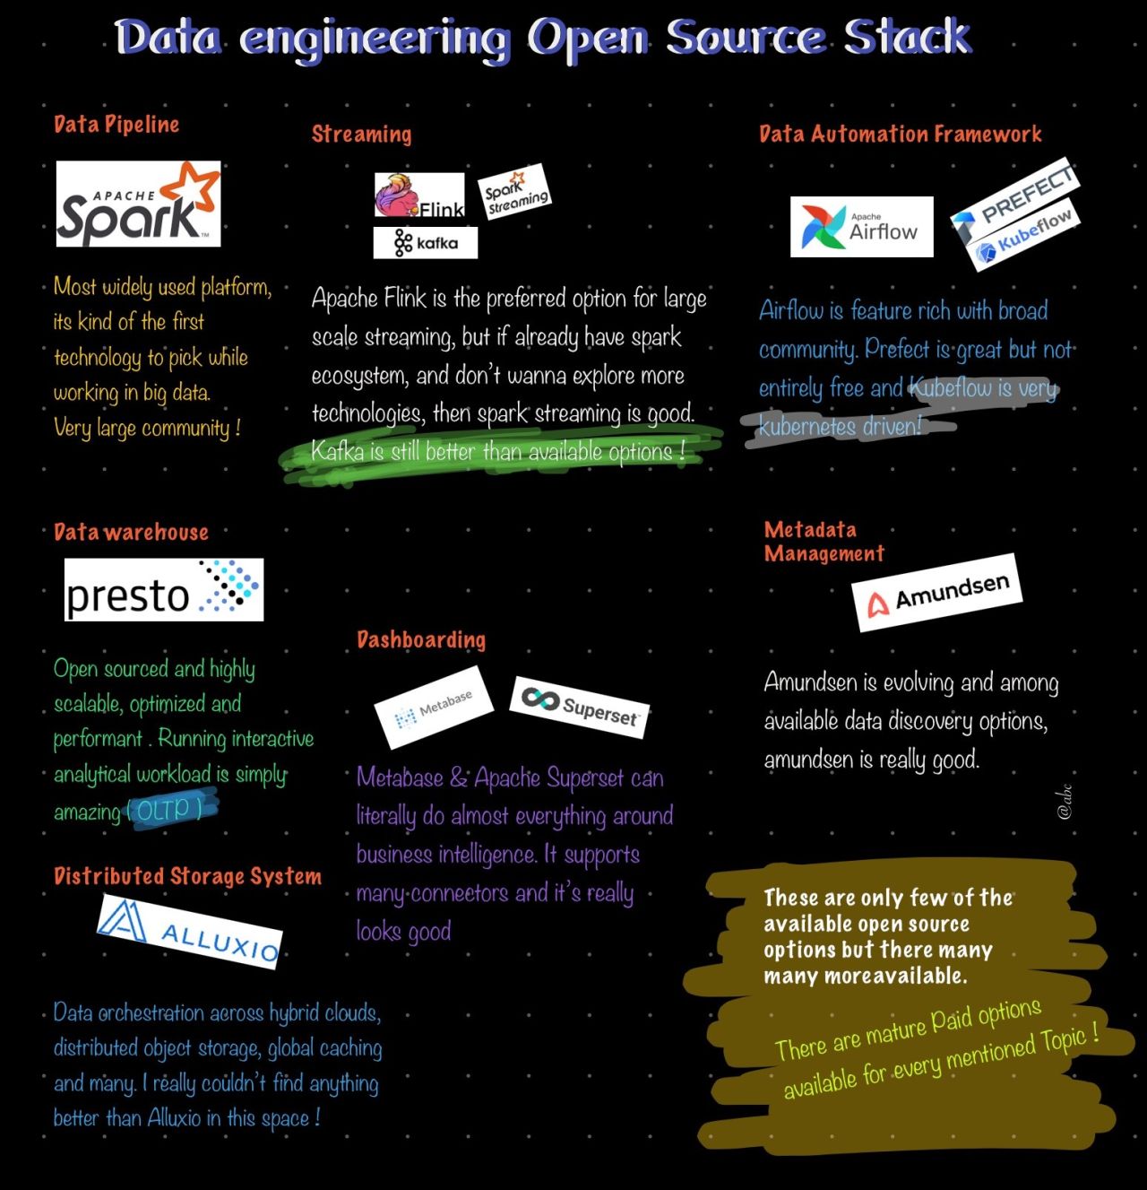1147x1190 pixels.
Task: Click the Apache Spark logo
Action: (x=138, y=204)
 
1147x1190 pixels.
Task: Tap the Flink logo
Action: (x=419, y=195)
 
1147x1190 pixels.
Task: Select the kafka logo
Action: (x=426, y=242)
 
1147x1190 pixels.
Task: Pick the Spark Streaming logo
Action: (x=514, y=191)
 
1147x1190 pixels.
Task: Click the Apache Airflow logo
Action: (x=861, y=227)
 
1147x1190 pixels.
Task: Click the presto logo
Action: (x=164, y=589)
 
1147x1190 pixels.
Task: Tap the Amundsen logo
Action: (x=937, y=593)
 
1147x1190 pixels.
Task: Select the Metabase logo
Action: (x=435, y=707)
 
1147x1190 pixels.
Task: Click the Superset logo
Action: (x=580, y=707)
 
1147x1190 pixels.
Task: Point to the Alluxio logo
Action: (x=190, y=931)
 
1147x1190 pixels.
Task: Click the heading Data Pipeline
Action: (x=116, y=124)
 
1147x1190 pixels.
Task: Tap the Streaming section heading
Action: (x=361, y=135)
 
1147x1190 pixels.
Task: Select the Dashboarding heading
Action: (x=421, y=639)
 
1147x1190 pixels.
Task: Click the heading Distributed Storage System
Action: (x=187, y=876)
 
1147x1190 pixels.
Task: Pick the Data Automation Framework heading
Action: (x=900, y=135)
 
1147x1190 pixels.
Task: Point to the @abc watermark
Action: (x=1065, y=801)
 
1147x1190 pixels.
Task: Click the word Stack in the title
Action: (x=907, y=38)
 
